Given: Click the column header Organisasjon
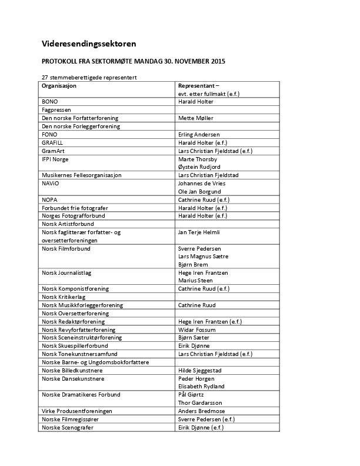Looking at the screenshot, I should click(59, 86).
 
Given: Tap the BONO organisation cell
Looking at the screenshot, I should click(49, 102).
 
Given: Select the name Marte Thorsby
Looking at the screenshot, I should click(198, 159).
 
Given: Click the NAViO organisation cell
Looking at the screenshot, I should click(51, 184).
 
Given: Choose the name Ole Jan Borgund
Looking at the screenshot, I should click(199, 192).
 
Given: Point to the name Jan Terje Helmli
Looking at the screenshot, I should click(199, 232).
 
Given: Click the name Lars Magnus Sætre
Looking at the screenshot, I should click(203, 257).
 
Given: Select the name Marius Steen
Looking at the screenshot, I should click(195, 281).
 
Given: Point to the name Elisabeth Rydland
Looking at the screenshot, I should click(201, 387).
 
